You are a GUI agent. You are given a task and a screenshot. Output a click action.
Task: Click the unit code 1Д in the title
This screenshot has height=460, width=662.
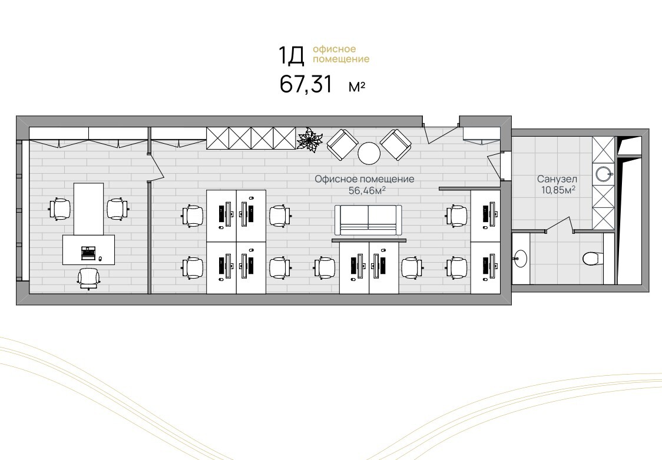coord(291,56)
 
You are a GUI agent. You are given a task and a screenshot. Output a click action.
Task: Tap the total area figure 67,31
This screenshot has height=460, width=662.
coord(306,84)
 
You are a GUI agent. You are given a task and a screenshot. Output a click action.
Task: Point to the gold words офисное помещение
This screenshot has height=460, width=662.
coord(341,54)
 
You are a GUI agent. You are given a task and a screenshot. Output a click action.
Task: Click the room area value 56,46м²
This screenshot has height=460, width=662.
coord(367,191)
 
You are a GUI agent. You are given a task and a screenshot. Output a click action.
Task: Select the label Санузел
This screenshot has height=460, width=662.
coord(557,180)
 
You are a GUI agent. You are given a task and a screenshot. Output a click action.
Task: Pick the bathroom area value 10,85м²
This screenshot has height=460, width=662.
coord(558,190)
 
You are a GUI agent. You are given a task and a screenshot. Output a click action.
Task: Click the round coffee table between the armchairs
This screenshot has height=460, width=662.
coord(369,153)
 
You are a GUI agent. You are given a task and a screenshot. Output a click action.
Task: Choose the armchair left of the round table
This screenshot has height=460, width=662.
coord(342,144)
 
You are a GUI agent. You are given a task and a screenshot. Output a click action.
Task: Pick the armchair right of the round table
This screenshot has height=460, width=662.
coord(396,144)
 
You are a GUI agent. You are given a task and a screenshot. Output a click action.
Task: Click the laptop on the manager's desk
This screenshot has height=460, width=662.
coord(88,252)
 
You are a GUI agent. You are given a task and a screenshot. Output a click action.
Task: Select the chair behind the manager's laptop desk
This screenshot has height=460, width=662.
coord(89,278)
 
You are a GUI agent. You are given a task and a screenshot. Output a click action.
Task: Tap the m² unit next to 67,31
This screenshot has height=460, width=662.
coord(357,87)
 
